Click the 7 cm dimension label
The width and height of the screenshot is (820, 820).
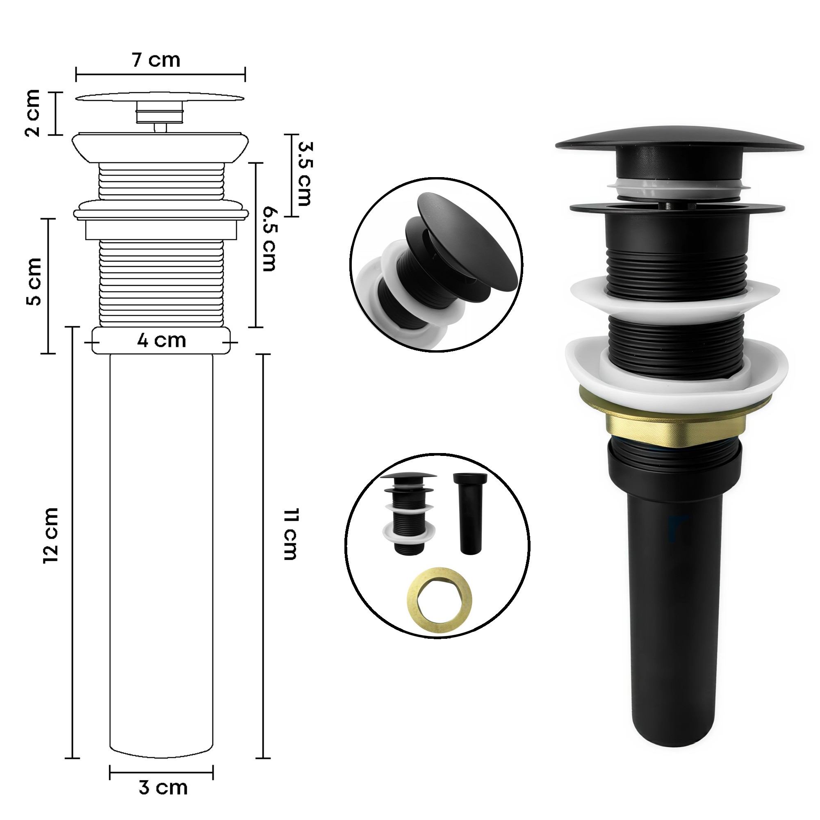(156, 60)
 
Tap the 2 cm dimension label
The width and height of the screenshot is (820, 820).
(33, 113)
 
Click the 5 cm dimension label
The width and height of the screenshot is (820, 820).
(34, 281)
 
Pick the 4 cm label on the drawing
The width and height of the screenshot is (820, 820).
(161, 340)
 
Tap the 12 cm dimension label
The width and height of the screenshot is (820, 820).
(51, 535)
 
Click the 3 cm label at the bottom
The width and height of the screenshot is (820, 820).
(163, 788)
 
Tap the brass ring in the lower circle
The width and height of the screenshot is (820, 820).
(440, 601)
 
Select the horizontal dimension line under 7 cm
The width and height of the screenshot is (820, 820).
(160, 75)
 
